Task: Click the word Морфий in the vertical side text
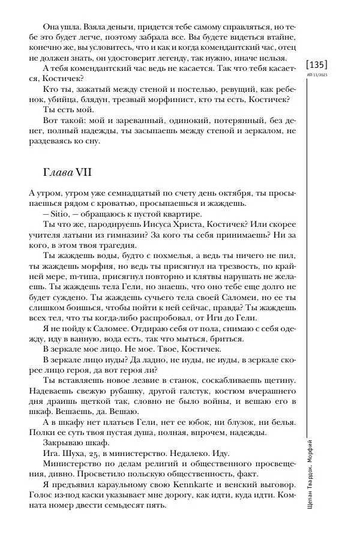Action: pyautogui.click(x=316, y=449)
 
